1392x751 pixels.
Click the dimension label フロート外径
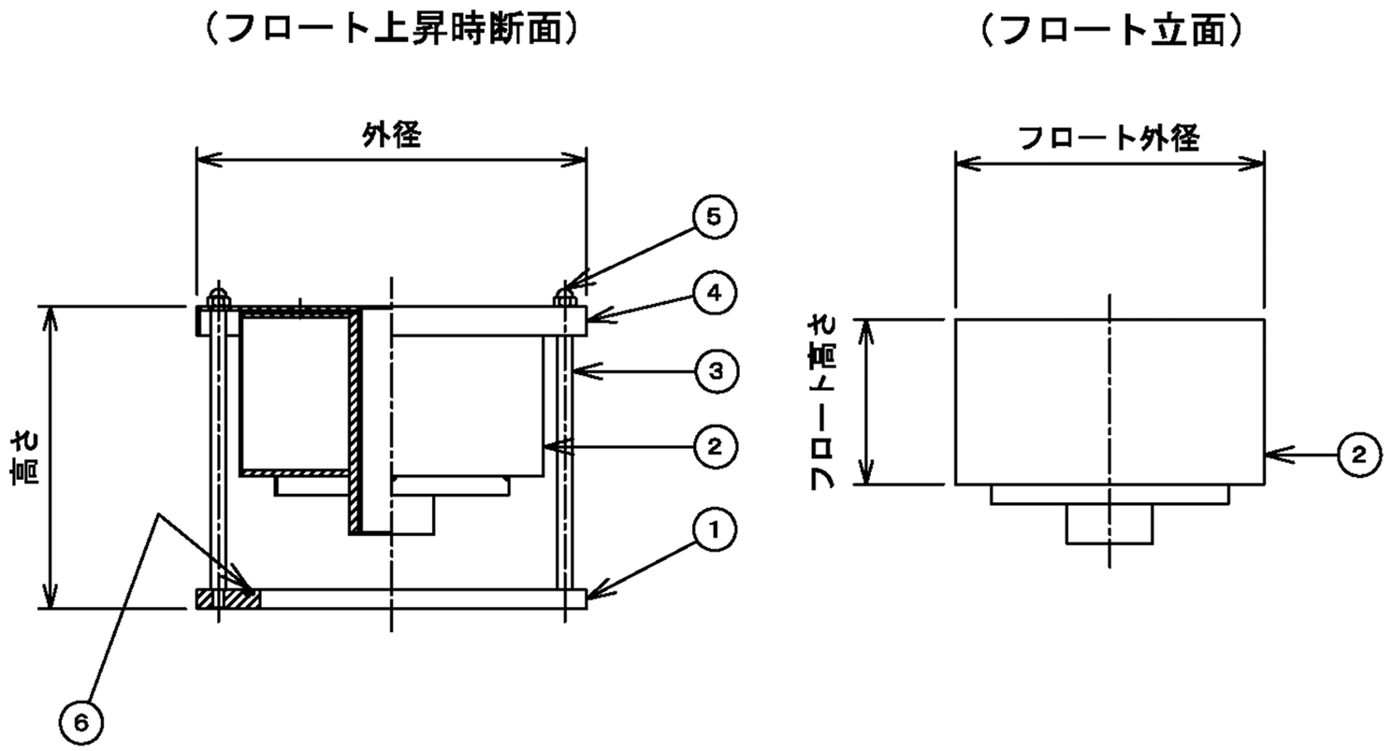(1108, 138)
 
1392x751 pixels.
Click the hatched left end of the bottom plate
(227, 599)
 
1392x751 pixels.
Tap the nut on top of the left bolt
(219, 296)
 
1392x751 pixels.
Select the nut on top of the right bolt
(565, 296)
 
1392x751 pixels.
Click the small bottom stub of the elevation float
(1109, 524)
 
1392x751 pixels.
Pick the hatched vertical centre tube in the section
(356, 421)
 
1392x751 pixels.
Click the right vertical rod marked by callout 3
(565, 449)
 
